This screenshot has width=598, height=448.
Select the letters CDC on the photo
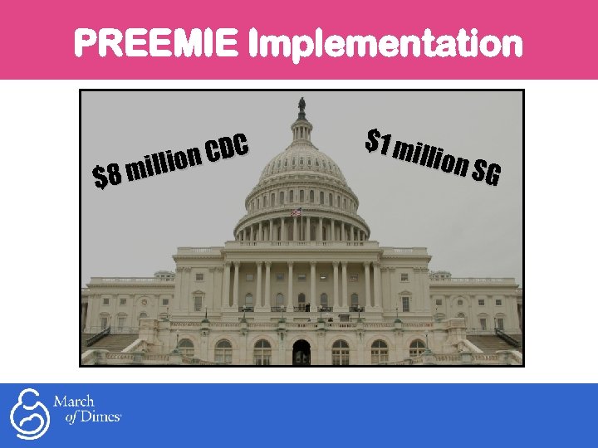228,149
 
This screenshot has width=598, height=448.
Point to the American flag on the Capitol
297,212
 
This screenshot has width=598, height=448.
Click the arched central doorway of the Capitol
301,352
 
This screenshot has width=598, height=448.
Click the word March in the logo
74,402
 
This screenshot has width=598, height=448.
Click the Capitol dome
301,166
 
